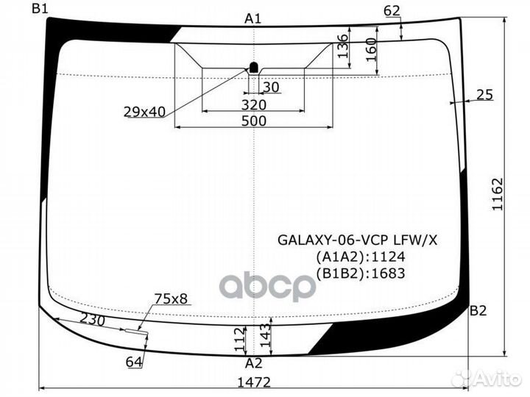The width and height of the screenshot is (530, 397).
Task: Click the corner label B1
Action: tap(40, 8)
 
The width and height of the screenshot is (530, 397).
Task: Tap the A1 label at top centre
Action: tap(252, 19)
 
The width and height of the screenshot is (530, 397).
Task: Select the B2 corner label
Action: tap(478, 310)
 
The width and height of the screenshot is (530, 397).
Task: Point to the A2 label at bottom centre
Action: tap(253, 363)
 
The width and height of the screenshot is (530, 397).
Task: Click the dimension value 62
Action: tap(392, 11)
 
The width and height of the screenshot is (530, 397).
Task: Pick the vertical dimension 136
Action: tap(342, 46)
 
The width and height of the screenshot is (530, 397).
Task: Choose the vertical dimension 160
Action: tap(371, 50)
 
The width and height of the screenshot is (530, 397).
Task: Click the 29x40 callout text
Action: tap(144, 112)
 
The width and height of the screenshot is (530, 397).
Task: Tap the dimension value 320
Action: tap(254, 105)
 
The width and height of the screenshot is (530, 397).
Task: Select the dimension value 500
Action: tap(254, 121)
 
